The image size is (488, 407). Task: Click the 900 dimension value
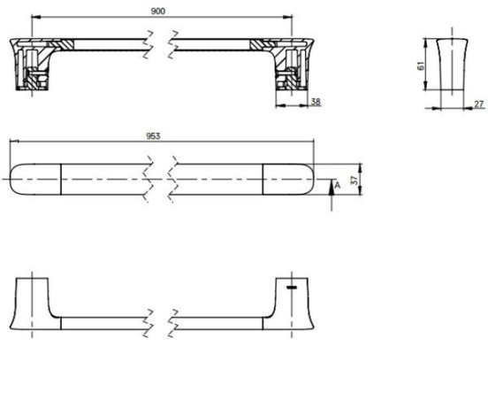click(x=157, y=12)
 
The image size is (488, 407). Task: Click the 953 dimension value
click(x=153, y=136)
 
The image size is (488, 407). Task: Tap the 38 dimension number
click(x=316, y=102)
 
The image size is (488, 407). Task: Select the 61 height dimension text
click(x=421, y=65)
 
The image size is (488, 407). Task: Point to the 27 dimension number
click(x=479, y=104)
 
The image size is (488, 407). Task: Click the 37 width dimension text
click(x=355, y=180)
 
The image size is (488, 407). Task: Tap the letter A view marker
click(x=338, y=185)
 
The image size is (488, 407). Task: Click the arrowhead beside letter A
click(x=332, y=188)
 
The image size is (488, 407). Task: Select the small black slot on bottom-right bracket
click(x=292, y=287)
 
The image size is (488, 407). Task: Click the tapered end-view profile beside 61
click(x=452, y=65)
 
